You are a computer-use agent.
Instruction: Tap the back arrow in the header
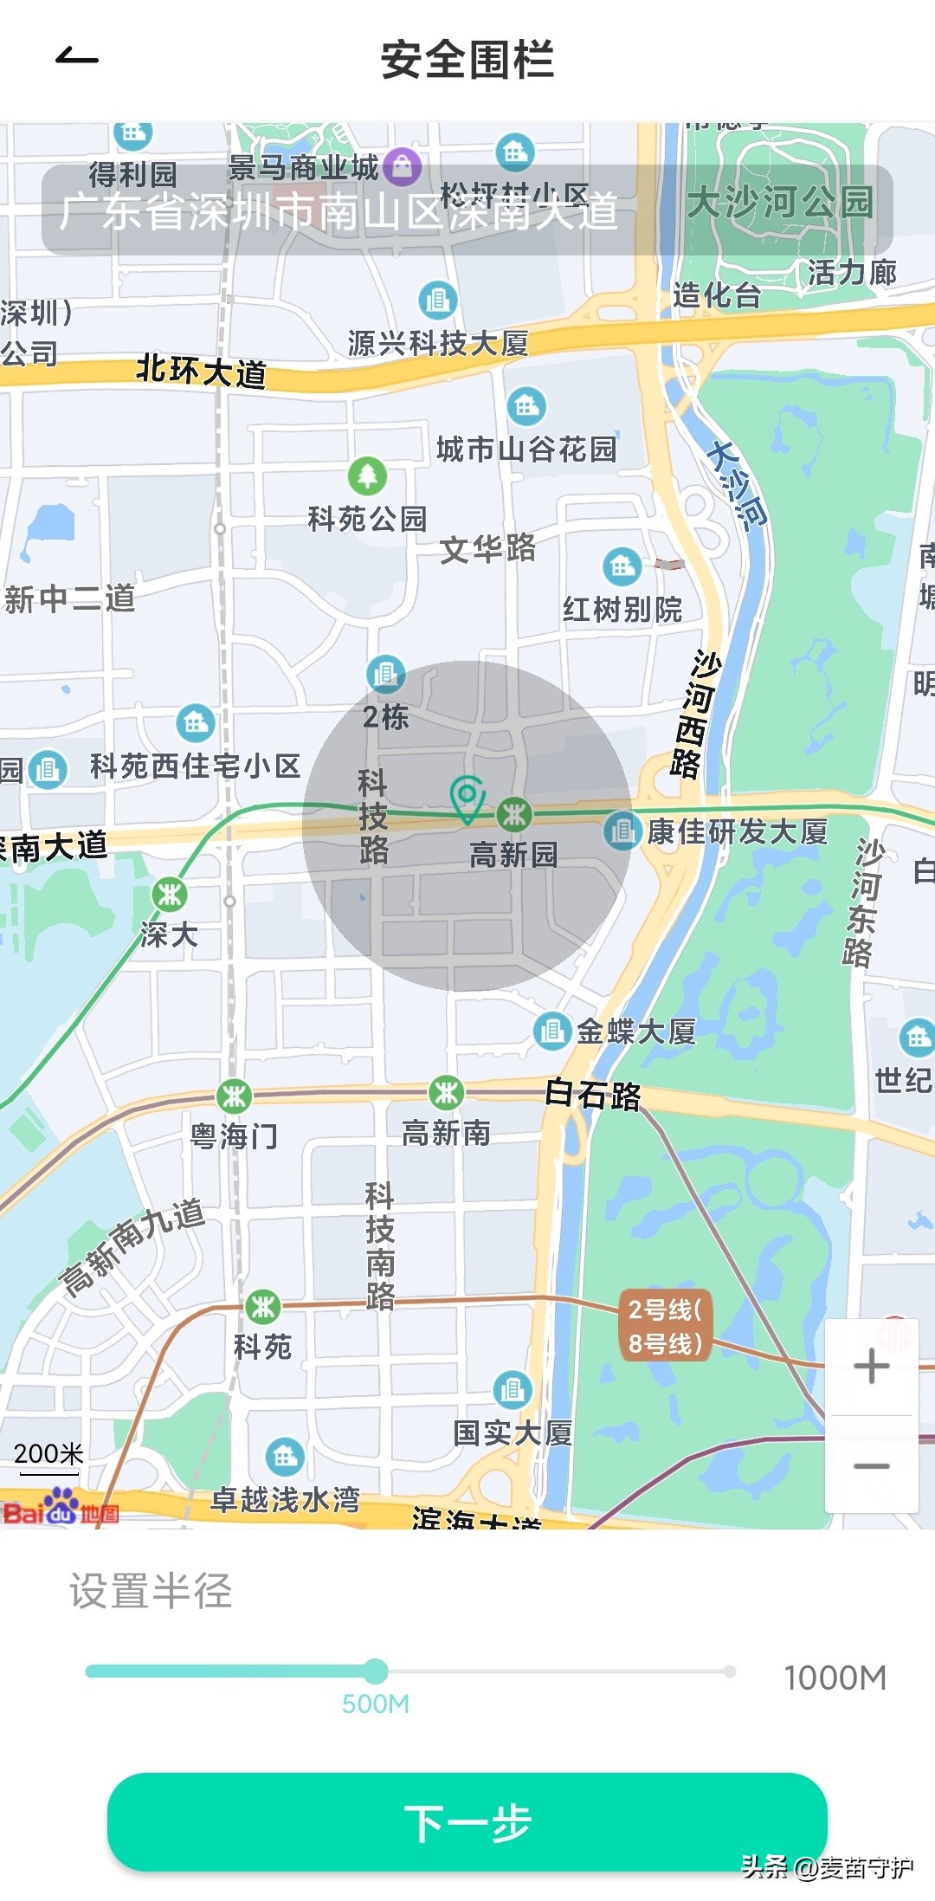76,58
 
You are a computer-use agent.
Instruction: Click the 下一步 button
467,1820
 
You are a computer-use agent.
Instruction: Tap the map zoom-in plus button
871,1366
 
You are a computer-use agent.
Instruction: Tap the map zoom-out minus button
871,1465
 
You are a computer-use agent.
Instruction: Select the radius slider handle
376,1670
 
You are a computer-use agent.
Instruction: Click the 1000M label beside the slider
835,1678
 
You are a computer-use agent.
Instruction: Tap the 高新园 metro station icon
514,814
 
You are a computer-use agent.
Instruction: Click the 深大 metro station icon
170,894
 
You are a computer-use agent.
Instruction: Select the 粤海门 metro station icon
234,1096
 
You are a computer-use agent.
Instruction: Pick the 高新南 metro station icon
446,1093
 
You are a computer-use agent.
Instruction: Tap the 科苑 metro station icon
263,1306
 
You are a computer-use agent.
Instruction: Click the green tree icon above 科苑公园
367,475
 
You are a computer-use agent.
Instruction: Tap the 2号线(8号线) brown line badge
665,1326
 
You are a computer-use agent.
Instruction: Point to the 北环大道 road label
201,371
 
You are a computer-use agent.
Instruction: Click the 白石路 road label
593,1095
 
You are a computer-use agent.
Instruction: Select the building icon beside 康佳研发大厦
622,831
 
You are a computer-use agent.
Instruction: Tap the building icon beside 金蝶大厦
551,1031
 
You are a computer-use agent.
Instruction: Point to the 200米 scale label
48,1452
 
